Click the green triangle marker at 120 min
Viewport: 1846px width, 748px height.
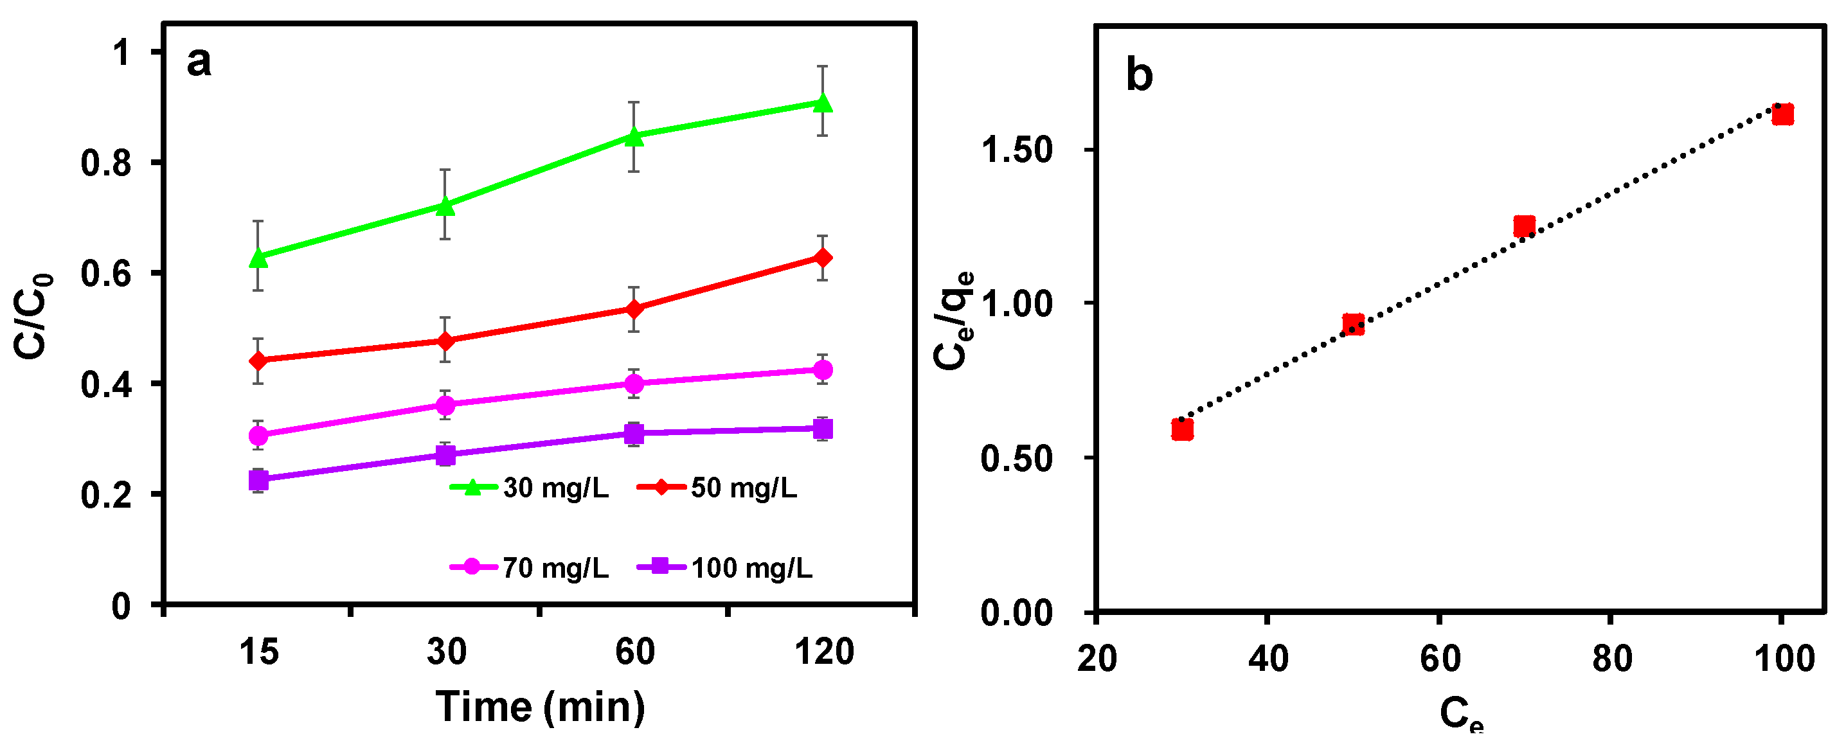pos(823,102)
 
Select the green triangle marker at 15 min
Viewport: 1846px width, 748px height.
pos(258,257)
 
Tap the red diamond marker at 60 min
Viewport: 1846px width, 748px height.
pos(634,309)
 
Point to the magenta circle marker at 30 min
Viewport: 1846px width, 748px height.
pos(445,405)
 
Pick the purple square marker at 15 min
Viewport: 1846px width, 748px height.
pos(258,479)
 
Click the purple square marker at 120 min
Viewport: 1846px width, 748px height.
pos(823,429)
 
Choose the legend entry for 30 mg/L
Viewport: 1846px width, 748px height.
pos(530,488)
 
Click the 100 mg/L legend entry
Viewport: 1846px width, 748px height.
pos(724,567)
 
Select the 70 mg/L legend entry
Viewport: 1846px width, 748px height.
pos(530,567)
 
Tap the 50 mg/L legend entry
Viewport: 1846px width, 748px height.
pos(717,488)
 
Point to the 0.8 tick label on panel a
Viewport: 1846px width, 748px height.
pos(106,163)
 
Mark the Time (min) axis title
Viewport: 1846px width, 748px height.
pos(541,707)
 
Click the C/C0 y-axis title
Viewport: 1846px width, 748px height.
pos(33,316)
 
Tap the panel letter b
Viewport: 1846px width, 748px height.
pos(1140,75)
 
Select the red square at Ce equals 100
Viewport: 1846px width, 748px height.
pos(1782,114)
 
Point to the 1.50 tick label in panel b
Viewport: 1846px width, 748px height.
pos(1016,150)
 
